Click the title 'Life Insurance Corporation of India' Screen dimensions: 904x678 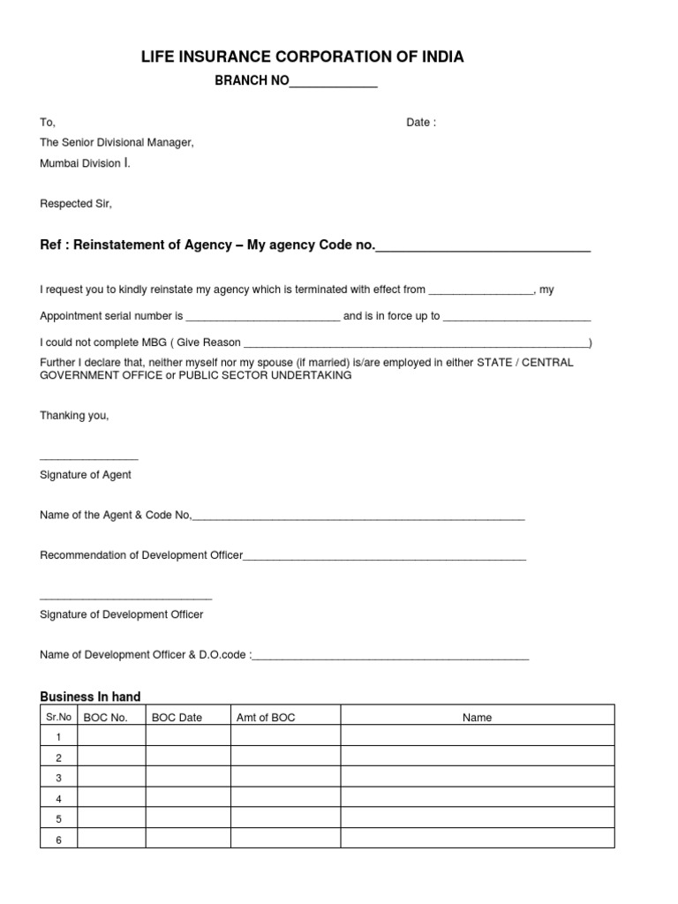302,57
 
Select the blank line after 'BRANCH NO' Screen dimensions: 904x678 334,85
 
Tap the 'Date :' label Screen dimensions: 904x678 421,123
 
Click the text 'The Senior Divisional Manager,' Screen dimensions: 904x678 117,142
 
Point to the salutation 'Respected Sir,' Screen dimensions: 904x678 76,204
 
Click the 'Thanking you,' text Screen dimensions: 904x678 74,415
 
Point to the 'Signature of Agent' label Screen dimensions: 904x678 86,475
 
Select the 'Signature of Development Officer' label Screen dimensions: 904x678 122,614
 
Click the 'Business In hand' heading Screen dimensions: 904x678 90,697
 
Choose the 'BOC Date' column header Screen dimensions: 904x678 177,718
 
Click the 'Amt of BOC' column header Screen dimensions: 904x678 266,718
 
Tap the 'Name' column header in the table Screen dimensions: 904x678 477,718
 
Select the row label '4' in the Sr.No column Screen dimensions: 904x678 58,798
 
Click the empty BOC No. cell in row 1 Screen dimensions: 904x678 111,736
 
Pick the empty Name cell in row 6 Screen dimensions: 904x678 477,840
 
